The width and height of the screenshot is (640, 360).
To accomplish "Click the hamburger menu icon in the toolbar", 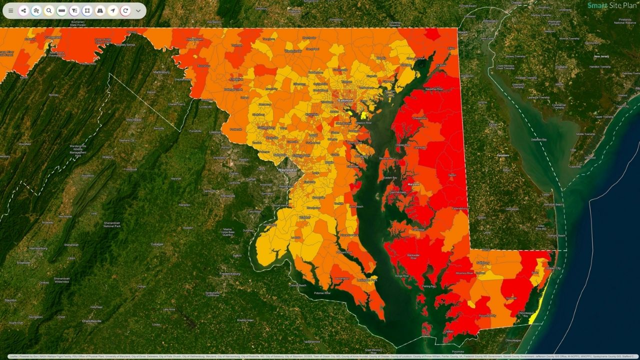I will pyautogui.click(x=11, y=10).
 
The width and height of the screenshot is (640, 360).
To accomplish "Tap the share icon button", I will pyautogui.click(x=23, y=10).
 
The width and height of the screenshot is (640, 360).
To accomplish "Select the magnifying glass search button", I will pyautogui.click(x=49, y=10).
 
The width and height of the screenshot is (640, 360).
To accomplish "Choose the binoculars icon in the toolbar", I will pyautogui.click(x=100, y=10).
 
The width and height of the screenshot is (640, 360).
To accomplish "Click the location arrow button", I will pyautogui.click(x=112, y=10).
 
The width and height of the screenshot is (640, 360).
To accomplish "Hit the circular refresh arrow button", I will pyautogui.click(x=125, y=10).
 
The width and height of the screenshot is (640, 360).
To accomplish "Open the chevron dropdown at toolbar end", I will pyautogui.click(x=138, y=10).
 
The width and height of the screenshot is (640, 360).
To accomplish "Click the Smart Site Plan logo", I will pyautogui.click(x=612, y=5).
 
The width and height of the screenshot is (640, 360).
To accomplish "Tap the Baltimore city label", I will pyautogui.click(x=345, y=100).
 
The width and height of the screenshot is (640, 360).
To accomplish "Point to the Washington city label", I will pyautogui.click(x=287, y=170).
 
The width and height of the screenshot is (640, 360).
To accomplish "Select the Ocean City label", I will pyautogui.click(x=552, y=268).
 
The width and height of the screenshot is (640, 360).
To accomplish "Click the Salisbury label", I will pyautogui.click(x=482, y=262).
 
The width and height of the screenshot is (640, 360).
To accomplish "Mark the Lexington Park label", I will pyautogui.click(x=367, y=280).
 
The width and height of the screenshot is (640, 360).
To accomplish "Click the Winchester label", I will pyautogui.click(x=133, y=120).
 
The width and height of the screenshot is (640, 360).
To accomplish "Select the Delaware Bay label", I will pyautogui.click(x=538, y=139).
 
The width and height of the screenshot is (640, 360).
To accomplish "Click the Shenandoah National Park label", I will pyautogui.click(x=111, y=224).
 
